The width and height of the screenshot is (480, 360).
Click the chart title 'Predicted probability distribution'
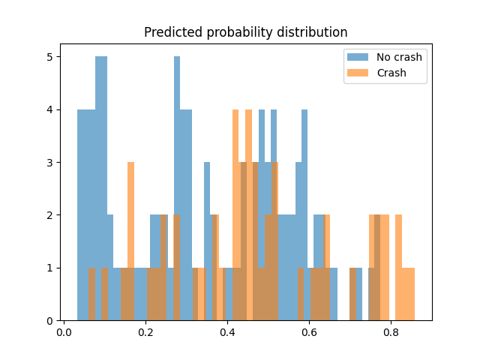[x=245, y=33]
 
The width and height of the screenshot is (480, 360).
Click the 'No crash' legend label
[x=399, y=57]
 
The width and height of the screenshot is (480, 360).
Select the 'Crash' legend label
[x=391, y=73]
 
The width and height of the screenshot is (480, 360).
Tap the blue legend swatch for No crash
[x=357, y=57]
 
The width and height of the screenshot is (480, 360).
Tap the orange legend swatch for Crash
[x=357, y=73]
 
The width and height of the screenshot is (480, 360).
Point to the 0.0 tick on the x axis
[x=64, y=331]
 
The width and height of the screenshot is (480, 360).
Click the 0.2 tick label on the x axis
[x=145, y=331]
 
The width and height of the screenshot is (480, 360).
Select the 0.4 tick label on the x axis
[x=227, y=331]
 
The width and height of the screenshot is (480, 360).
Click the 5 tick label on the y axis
[x=50, y=57]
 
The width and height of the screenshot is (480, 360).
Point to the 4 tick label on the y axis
[x=50, y=109]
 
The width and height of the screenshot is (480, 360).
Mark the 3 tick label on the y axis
[x=50, y=163]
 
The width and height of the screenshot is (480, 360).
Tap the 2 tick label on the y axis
[x=50, y=215]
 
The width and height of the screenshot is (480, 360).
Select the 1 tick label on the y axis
[x=50, y=268]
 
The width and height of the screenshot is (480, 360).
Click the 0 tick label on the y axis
[x=50, y=321]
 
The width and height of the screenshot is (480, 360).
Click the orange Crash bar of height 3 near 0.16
[x=130, y=240]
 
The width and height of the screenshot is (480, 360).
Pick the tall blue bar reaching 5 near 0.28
[x=177, y=187]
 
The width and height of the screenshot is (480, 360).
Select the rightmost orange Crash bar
[x=411, y=294]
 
